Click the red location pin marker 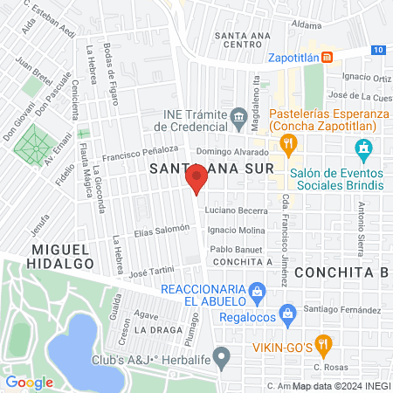click(x=196, y=180)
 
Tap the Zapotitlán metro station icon click(x=327, y=58)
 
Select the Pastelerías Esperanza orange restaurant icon click(x=285, y=141)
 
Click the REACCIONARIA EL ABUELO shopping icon click(x=257, y=290)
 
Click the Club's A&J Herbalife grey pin click(x=222, y=355)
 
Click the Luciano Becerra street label click(x=236, y=211)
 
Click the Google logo click(x=29, y=382)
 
